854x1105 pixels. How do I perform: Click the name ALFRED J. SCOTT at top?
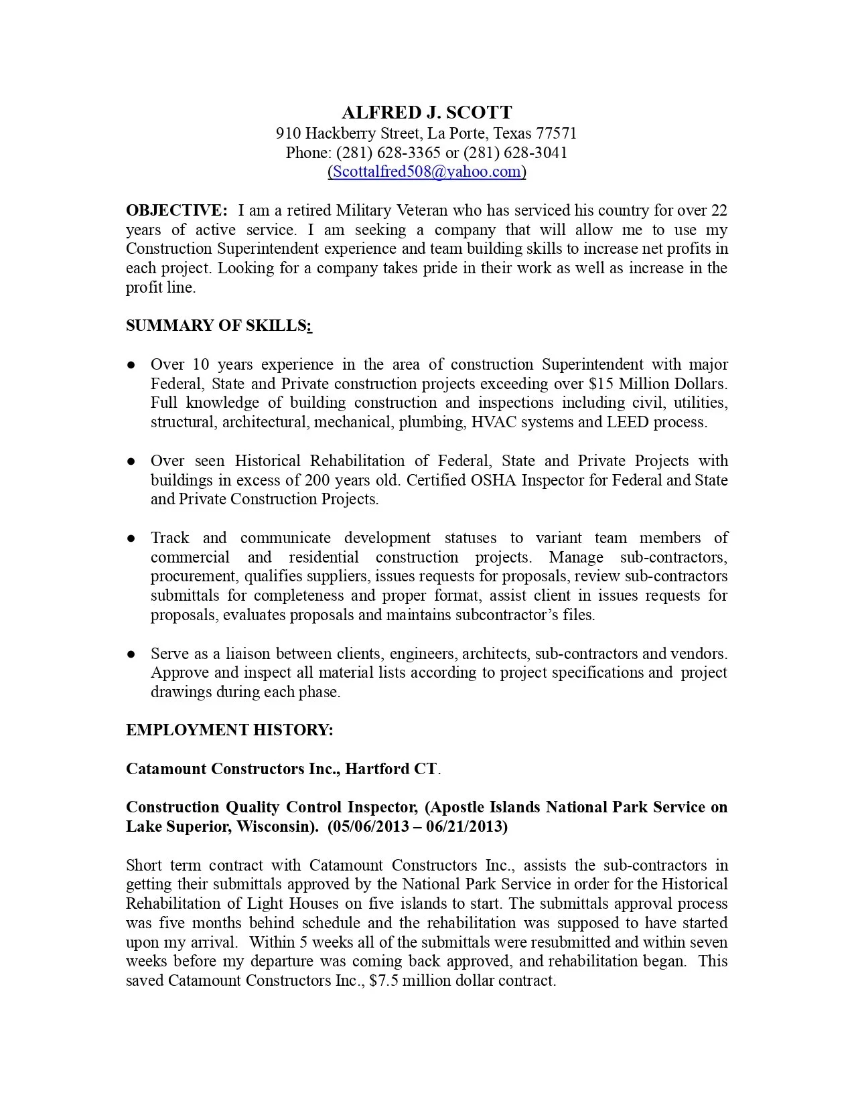[x=427, y=113]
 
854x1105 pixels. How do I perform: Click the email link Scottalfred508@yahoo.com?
[x=427, y=171]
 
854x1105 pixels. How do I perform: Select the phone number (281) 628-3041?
[x=515, y=153]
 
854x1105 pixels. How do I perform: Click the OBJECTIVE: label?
[x=177, y=210]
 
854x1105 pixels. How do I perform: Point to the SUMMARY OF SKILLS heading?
[x=218, y=325]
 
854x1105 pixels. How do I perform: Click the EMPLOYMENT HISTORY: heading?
[x=229, y=730]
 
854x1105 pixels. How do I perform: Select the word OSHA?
[x=494, y=480]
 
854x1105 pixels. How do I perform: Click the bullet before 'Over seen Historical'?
[x=131, y=461]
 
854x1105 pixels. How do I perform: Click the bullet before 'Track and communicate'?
[x=131, y=538]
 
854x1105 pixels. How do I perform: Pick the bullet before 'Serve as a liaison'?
[x=131, y=654]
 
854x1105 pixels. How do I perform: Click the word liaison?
[x=248, y=654]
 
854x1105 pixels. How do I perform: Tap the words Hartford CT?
[x=390, y=769]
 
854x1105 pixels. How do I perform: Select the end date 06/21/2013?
[x=466, y=826]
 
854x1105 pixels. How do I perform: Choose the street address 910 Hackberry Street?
[x=348, y=133]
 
